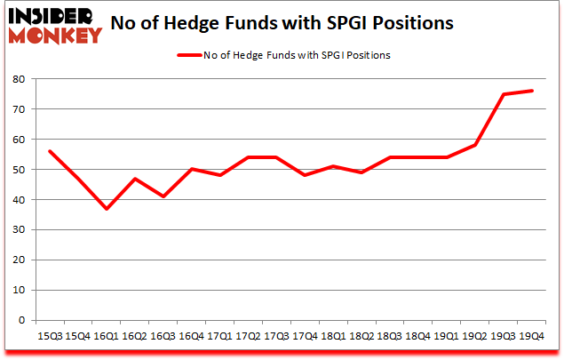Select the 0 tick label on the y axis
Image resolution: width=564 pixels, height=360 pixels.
21,321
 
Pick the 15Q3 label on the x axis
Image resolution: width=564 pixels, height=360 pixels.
49,336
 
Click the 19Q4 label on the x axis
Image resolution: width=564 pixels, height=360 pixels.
531,336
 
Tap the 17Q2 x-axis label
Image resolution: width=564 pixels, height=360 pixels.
248,336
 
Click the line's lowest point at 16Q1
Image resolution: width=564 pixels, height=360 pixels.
107,209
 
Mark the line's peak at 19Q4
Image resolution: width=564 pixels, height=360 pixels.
532,91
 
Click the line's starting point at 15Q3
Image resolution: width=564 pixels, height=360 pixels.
50,151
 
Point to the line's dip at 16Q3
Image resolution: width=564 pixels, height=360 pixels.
163,196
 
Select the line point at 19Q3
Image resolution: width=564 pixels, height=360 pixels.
504,94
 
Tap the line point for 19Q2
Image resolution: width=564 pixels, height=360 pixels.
475,145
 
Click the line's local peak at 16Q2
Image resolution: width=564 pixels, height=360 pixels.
135,179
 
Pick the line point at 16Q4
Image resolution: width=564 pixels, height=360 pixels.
192,169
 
